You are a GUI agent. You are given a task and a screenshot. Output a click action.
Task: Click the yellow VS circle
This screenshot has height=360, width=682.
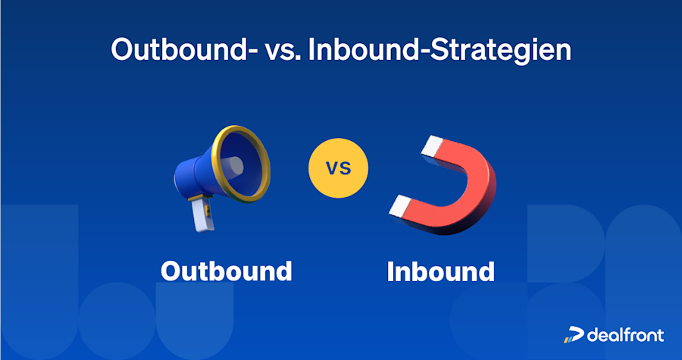click(338, 168)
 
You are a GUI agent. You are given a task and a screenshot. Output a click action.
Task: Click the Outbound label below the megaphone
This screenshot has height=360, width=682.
click(226, 271)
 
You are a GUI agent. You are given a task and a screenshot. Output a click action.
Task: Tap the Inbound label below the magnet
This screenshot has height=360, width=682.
click(440, 271)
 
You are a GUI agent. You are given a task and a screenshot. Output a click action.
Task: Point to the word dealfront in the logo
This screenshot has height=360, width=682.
click(625, 334)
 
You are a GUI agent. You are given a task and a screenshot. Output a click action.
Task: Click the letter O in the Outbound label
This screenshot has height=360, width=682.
click(172, 271)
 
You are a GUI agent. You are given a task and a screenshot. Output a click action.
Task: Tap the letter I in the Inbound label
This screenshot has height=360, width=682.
click(391, 271)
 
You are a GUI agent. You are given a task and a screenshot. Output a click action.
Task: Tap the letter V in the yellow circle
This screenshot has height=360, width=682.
click(332, 168)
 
